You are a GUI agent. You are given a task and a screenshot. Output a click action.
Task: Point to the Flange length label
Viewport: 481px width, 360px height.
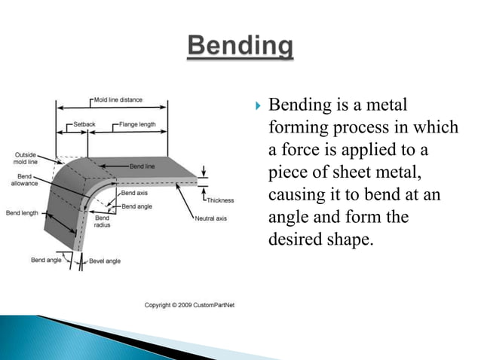pyautogui.click(x=139, y=123)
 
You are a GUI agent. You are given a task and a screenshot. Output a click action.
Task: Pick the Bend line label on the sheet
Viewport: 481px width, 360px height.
pyautogui.click(x=143, y=165)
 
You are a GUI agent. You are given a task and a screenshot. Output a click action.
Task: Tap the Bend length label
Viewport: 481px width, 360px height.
pyautogui.click(x=23, y=213)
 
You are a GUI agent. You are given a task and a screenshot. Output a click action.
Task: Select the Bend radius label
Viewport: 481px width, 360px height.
pyautogui.click(x=102, y=221)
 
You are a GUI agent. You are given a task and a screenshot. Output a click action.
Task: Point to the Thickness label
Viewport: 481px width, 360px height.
pyautogui.click(x=219, y=200)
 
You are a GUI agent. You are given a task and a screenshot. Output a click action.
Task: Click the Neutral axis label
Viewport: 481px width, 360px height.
pyautogui.click(x=210, y=218)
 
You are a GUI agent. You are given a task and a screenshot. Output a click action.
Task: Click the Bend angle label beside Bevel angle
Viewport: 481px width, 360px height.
pyautogui.click(x=47, y=260)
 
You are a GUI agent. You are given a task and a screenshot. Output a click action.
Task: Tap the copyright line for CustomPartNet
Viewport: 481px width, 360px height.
pyautogui.click(x=188, y=304)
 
